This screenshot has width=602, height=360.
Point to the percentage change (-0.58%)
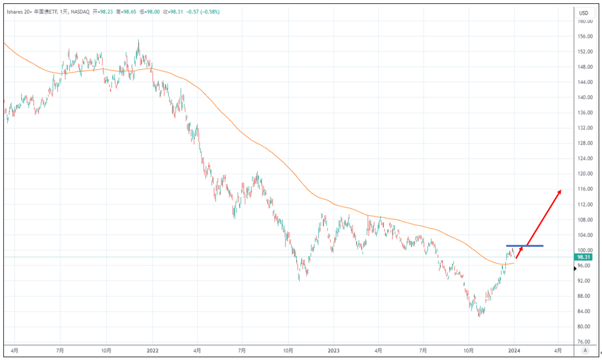point(208,12)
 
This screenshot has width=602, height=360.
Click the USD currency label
point(583,12)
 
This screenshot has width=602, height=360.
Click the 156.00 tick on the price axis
point(585,36)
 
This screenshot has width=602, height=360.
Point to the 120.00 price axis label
point(585,174)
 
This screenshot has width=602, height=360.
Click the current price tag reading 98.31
point(584,257)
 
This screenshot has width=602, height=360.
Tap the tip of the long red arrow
point(561,191)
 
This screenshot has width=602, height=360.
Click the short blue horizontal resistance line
point(524,246)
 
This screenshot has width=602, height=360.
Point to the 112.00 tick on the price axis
point(585,204)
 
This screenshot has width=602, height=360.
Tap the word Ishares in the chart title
point(17,12)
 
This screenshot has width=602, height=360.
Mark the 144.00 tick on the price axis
point(585,82)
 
